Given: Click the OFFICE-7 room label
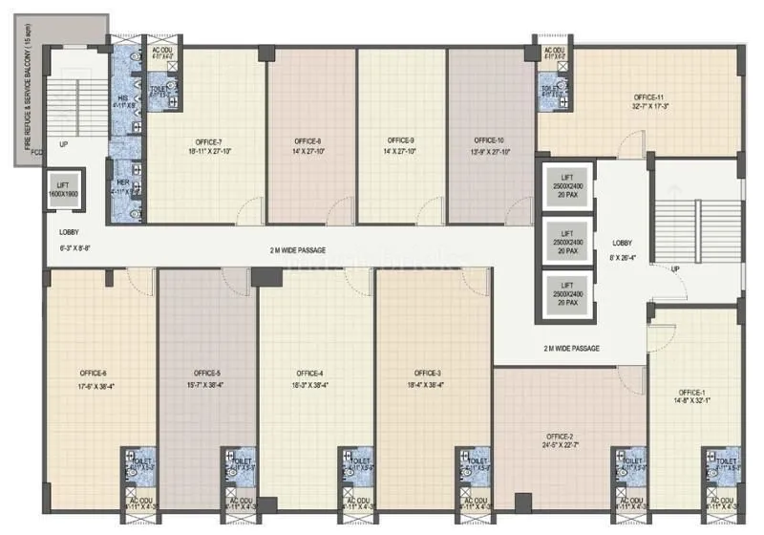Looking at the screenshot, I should tap(206, 140).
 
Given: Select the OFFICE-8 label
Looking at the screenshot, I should tap(308, 140).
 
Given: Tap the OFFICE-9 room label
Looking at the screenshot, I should tap(400, 140).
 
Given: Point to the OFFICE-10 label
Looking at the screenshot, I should tap(494, 140).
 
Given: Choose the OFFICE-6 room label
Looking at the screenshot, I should tap(93, 374).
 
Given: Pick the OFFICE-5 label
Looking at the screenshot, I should tap(206, 374).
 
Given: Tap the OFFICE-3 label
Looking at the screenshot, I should tap(427, 374).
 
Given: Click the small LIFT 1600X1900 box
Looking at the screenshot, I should tap(67, 189).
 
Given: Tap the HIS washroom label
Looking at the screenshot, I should tap(122, 97).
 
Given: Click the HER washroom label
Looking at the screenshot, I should tap(122, 182).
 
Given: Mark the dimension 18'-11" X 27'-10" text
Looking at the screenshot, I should tap(206, 151).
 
